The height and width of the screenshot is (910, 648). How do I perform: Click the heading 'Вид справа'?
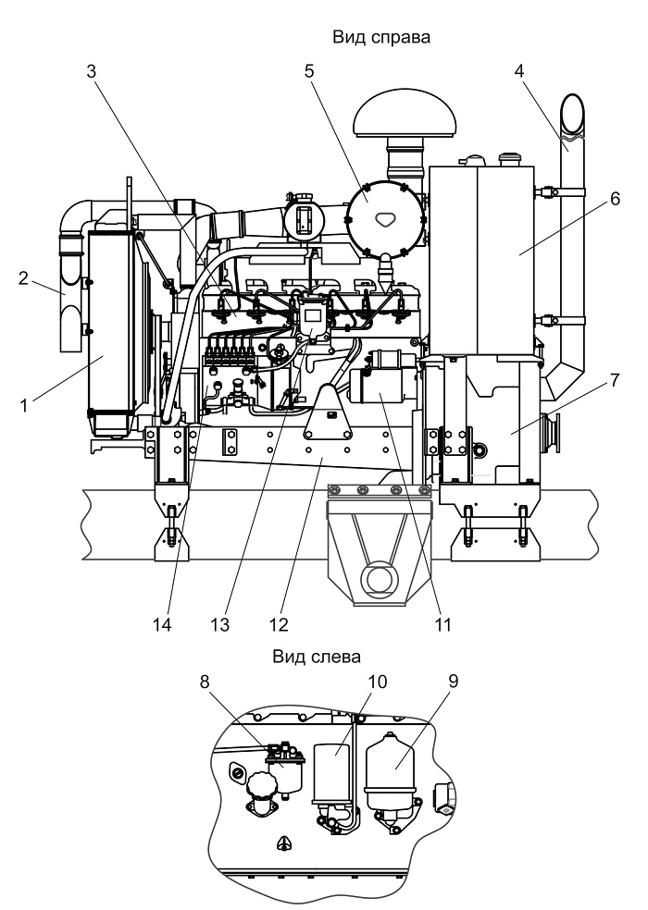coord(381,37)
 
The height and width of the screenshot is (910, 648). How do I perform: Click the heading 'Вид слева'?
coord(317,657)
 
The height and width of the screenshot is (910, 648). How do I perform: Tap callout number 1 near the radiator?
coord(24,405)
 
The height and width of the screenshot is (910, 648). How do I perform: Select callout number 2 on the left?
coord(23,278)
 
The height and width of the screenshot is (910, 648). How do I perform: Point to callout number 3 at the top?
coord(92,71)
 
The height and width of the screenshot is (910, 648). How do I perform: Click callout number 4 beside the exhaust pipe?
coord(519,71)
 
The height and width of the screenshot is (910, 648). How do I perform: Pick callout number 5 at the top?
coord(308,71)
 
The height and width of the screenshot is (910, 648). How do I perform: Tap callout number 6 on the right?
coord(615,199)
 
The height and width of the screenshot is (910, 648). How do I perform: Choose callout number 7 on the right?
coord(615,380)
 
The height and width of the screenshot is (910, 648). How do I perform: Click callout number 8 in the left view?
coord(204,682)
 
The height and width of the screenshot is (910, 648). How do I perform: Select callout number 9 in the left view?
coord(453,682)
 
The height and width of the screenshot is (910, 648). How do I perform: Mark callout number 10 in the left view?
coord(377,682)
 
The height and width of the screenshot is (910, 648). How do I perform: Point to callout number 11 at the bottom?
coord(442,624)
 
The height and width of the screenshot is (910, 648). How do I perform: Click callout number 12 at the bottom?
coord(279,624)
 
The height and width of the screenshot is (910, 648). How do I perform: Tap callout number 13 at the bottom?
coord(220,624)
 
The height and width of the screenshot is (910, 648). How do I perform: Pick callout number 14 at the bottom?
coord(163,624)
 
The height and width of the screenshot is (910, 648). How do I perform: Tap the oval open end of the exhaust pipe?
coord(572,115)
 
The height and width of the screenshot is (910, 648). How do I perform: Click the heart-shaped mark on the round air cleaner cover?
coord(383,219)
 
